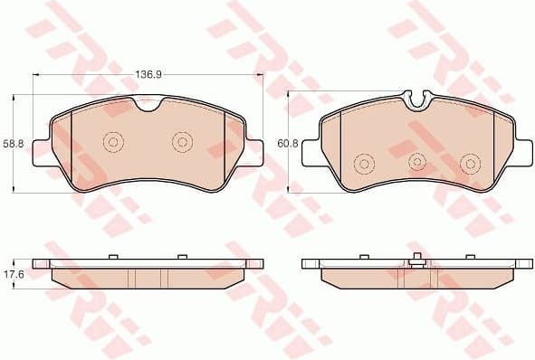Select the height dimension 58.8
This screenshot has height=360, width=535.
[x=12, y=143]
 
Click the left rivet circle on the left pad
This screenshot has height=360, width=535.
[x=114, y=142]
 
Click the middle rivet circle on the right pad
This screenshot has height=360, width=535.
[x=417, y=162]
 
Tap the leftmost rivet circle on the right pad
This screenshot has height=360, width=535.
[x=364, y=164]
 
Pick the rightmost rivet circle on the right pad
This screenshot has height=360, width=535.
[x=470, y=164]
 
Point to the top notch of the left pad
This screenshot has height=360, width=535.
[x=148, y=107]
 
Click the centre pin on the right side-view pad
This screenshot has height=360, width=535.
[x=414, y=260]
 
